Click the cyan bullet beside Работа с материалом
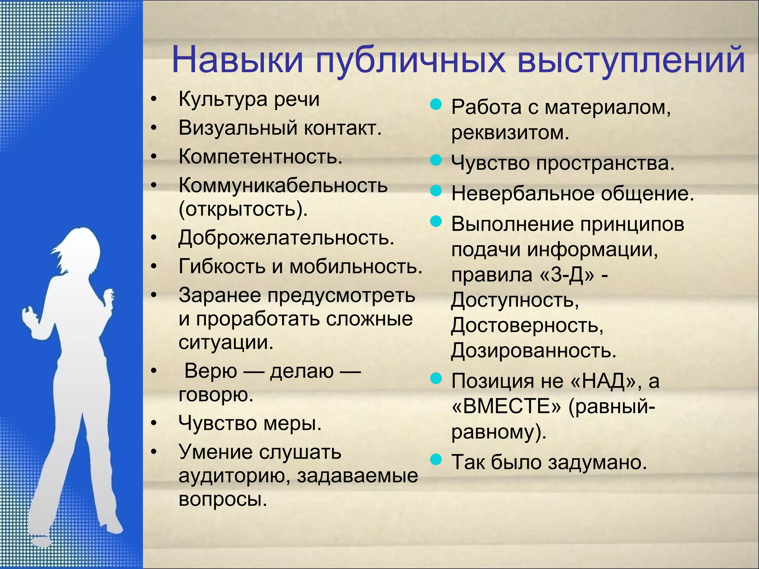[x=436, y=105]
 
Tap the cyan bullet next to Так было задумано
[x=436, y=460]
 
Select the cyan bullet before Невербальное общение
[x=436, y=191]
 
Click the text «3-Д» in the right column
[x=567, y=275]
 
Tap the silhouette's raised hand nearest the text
[x=109, y=296]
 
